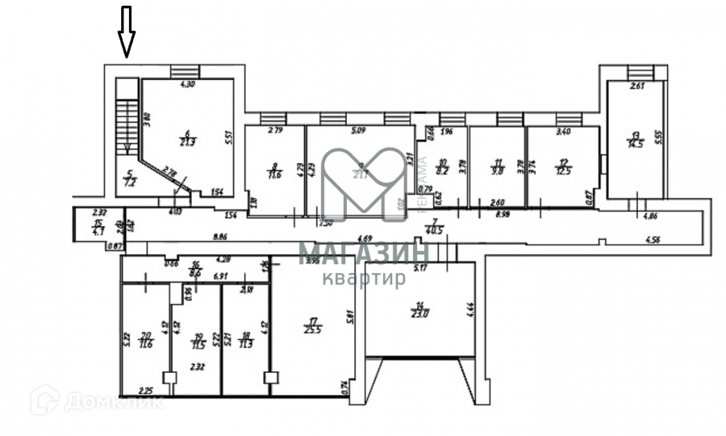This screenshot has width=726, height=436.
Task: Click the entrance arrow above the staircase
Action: tap(127, 31)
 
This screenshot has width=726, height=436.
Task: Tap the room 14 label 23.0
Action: tap(419, 309)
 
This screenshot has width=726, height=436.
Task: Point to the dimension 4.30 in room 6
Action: tap(187, 84)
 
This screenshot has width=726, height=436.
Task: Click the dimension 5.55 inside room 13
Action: tap(657, 138)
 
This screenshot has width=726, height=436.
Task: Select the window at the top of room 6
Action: tap(185, 73)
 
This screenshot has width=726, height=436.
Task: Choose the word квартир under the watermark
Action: tap(364, 279)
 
